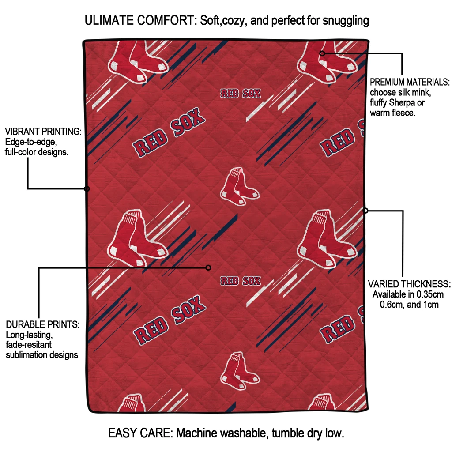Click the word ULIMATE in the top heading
click(109, 20)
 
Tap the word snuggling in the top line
click(346, 21)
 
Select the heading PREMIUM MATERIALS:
click(410, 82)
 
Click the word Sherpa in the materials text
click(402, 103)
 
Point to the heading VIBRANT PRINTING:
click(43, 132)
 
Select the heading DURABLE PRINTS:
click(43, 324)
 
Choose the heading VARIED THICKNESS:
click(409, 284)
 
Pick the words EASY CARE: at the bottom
click(140, 433)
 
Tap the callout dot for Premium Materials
click(322, 53)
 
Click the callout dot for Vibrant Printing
click(87, 189)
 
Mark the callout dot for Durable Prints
click(208, 268)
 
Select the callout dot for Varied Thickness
click(365, 211)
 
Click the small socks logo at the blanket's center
click(240, 187)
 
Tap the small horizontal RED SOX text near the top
click(241, 94)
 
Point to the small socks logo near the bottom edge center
click(240, 371)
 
